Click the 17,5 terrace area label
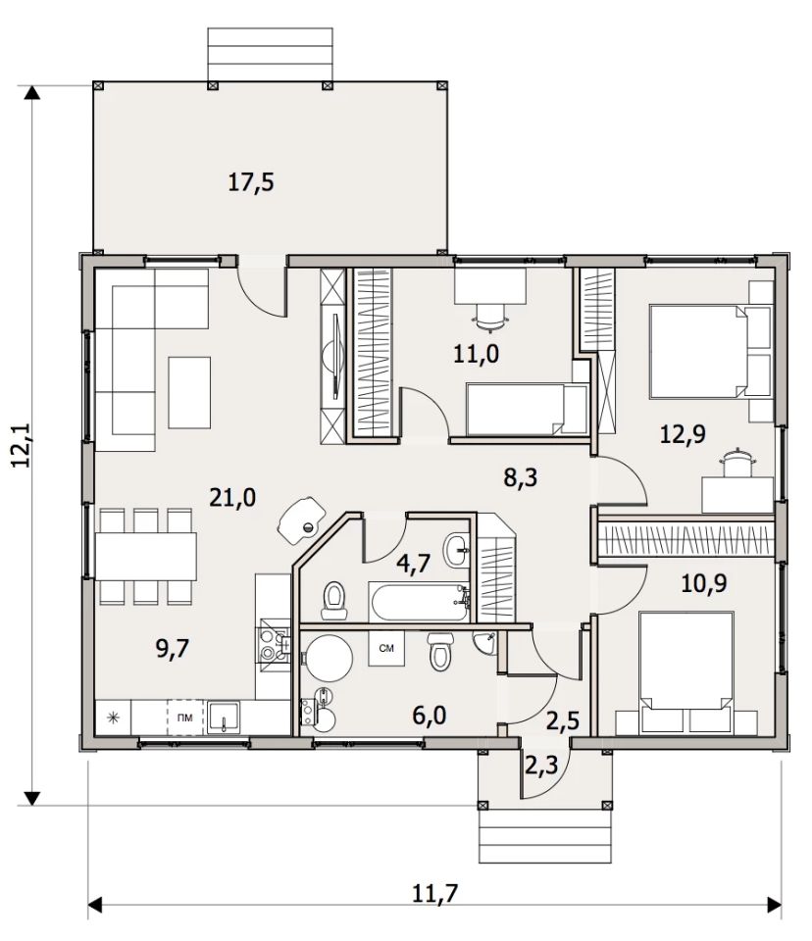[x=250, y=182]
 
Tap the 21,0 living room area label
[x=232, y=498]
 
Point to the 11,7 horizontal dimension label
[x=434, y=894]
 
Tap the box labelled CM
[x=386, y=648]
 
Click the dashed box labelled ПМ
[x=185, y=718]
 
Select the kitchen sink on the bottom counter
[x=224, y=718]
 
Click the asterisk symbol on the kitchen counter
[x=113, y=718]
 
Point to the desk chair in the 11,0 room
[x=490, y=317]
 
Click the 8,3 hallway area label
[x=521, y=477]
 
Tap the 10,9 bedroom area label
[x=704, y=582]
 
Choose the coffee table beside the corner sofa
[x=189, y=392]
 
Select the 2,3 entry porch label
[x=541, y=766]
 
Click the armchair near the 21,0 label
[x=301, y=520]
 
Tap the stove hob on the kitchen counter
[x=274, y=644]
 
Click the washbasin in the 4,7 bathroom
[x=457, y=549]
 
